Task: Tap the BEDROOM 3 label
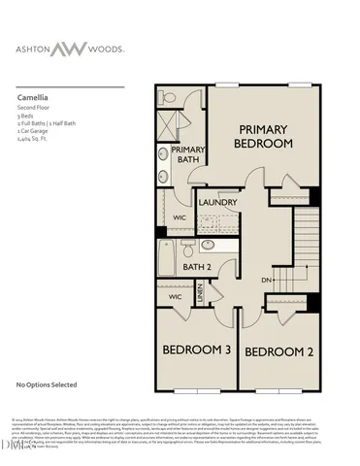click(195, 349)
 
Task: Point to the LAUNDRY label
click(218, 201)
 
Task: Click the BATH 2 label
click(197, 266)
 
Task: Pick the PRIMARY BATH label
click(187, 155)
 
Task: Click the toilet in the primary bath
click(168, 98)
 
